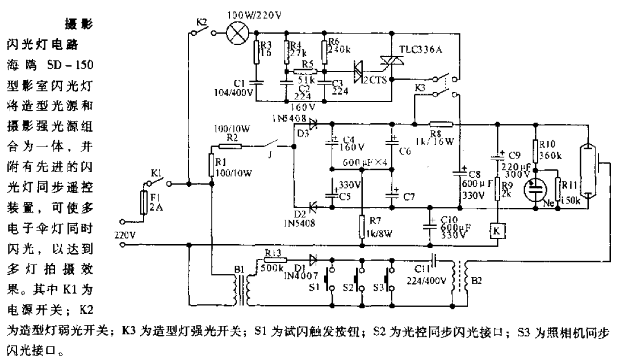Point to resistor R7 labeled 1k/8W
coord(362,227)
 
